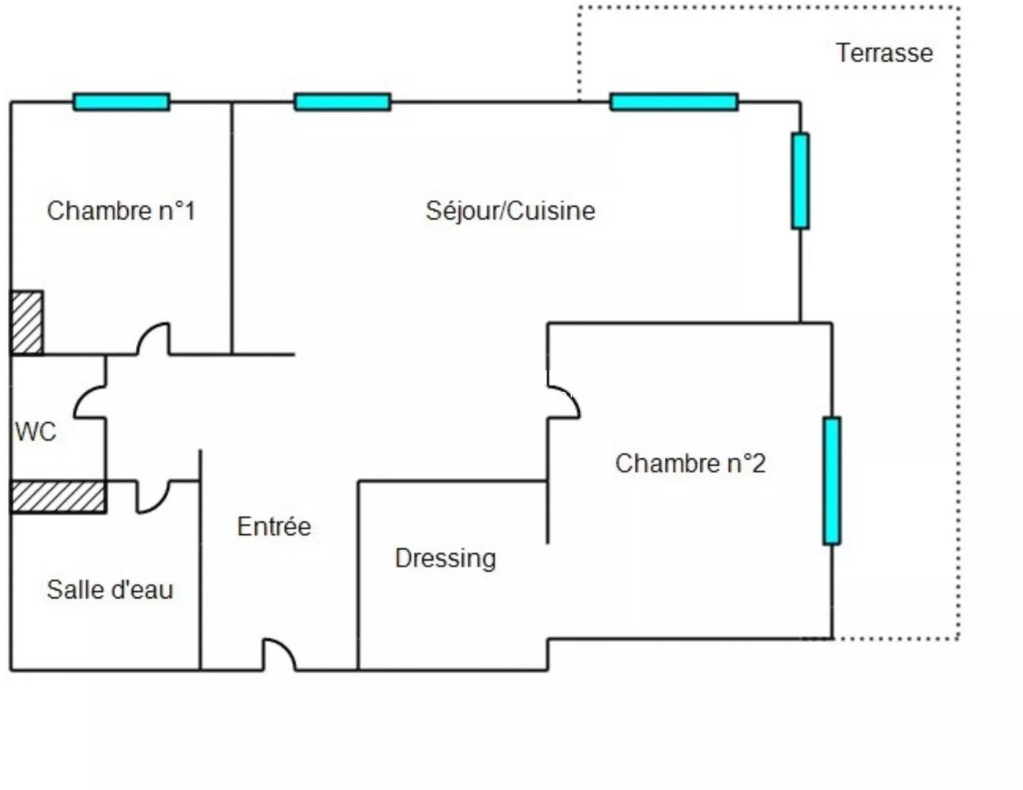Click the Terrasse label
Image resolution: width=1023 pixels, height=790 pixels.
click(x=884, y=53)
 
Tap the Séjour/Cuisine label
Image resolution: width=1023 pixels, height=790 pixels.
click(x=510, y=211)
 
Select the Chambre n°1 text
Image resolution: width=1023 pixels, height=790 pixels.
click(x=121, y=211)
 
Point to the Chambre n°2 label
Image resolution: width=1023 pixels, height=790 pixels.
click(x=690, y=463)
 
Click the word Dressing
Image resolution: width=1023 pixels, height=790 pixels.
click(x=446, y=559)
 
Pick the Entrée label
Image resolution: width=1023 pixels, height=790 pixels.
click(x=274, y=527)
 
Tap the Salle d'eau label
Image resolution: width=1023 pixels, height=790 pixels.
click(x=110, y=589)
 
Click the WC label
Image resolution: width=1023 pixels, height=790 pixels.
click(x=36, y=432)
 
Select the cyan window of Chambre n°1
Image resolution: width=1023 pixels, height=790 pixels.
click(x=122, y=102)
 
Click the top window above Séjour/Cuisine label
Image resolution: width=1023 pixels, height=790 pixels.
click(x=342, y=102)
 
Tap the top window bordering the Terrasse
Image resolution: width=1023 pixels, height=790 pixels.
click(x=674, y=102)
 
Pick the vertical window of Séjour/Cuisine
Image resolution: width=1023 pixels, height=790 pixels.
click(x=800, y=181)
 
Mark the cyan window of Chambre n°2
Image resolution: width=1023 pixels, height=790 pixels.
click(x=831, y=480)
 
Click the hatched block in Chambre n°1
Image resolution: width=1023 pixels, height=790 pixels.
click(x=27, y=322)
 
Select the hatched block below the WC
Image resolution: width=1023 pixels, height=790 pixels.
click(x=58, y=496)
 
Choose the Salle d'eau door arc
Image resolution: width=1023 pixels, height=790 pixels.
click(x=153, y=497)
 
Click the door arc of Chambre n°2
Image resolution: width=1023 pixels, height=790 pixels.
click(x=564, y=401)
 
